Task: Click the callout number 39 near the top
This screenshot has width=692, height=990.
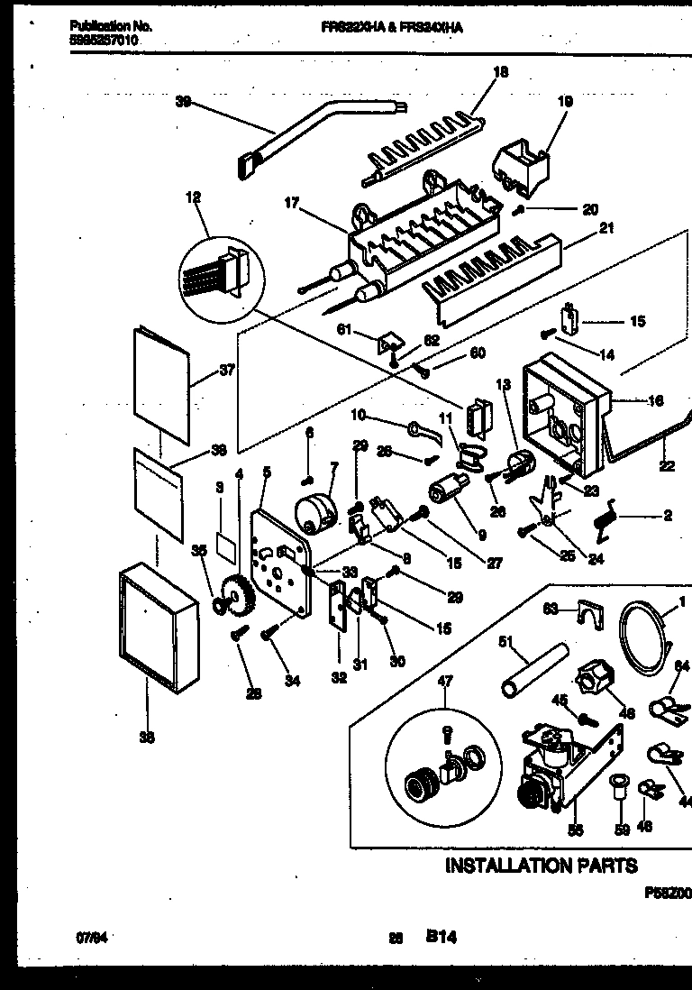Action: (184, 103)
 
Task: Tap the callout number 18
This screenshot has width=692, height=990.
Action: (502, 72)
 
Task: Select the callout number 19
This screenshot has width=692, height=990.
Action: (565, 102)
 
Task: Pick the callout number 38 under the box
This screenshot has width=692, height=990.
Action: (147, 738)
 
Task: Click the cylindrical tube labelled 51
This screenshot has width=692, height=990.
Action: (534, 666)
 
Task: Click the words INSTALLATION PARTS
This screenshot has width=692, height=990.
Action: (542, 866)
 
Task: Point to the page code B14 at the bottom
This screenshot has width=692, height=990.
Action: (442, 938)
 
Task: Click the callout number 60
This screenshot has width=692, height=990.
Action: (478, 353)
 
